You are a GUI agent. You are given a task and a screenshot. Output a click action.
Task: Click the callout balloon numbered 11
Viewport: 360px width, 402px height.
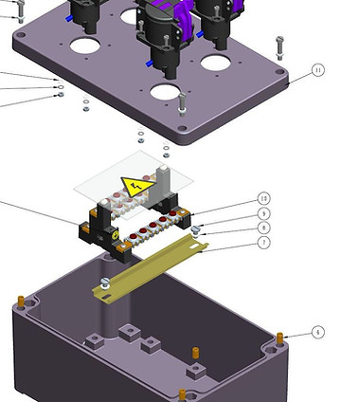click(x=317, y=71)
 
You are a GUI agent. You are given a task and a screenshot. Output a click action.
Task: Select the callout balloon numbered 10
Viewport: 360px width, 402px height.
click(x=264, y=199)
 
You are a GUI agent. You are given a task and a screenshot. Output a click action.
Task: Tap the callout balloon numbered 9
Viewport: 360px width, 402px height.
click(x=264, y=214)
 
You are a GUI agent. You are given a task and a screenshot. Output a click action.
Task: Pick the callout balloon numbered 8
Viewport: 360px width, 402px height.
click(x=264, y=228)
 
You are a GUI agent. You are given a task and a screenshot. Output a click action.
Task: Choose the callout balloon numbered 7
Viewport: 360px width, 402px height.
click(x=264, y=244)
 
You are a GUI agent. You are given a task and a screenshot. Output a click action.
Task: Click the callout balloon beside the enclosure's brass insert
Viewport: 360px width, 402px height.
click(x=317, y=333)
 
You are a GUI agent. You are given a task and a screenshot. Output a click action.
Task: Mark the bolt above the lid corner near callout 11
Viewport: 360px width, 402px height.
click(x=279, y=46)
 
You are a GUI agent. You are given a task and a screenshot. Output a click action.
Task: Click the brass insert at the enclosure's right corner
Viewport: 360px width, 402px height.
click(x=280, y=338)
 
